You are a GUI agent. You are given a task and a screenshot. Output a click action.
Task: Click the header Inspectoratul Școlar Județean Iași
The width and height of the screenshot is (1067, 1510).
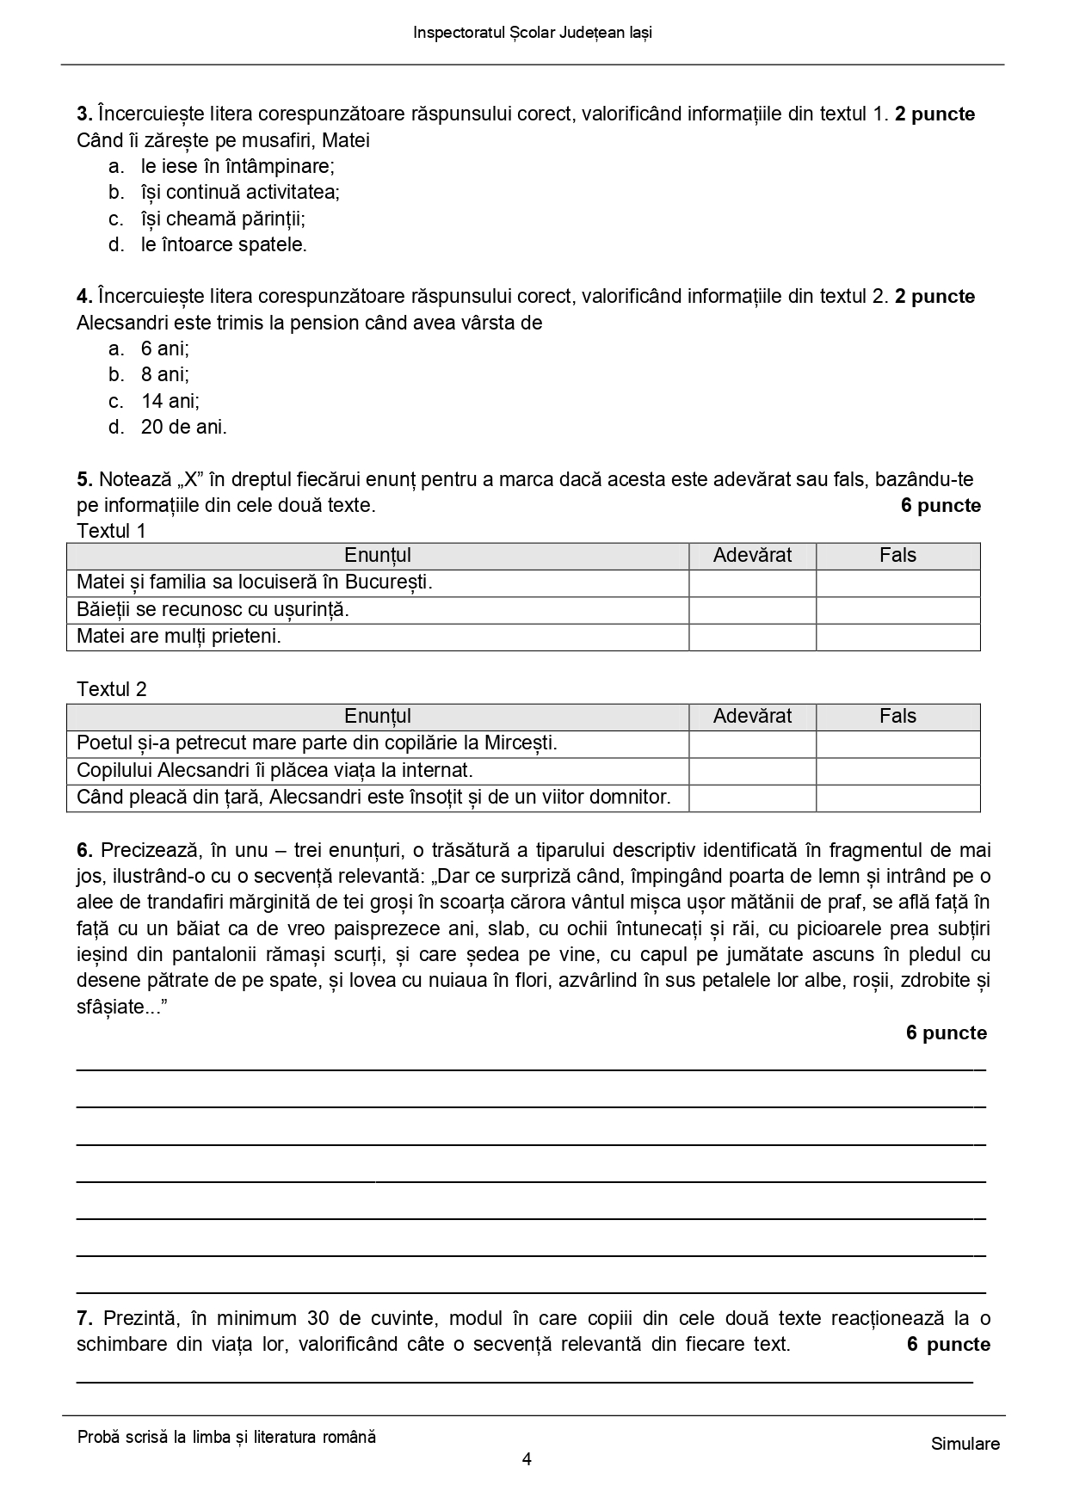(x=533, y=33)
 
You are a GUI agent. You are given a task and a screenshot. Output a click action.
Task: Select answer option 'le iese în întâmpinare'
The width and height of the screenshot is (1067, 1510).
(x=237, y=166)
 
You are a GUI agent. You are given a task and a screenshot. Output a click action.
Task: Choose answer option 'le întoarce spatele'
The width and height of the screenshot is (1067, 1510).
(x=224, y=244)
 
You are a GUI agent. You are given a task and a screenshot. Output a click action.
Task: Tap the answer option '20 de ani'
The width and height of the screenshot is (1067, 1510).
(x=183, y=427)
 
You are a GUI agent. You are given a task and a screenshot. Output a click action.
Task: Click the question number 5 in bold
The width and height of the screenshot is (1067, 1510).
(x=83, y=479)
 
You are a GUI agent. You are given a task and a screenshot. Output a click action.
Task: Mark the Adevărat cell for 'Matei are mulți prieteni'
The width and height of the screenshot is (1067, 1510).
(x=752, y=637)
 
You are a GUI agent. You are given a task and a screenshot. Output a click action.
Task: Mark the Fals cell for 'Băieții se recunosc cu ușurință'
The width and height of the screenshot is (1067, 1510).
(x=897, y=610)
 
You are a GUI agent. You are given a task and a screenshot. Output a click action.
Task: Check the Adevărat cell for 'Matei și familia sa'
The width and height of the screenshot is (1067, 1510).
(x=752, y=582)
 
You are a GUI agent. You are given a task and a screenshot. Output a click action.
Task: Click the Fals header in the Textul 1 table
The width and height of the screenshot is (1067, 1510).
(x=897, y=556)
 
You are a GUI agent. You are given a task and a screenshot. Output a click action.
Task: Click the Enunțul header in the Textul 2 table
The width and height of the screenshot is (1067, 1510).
(x=377, y=716)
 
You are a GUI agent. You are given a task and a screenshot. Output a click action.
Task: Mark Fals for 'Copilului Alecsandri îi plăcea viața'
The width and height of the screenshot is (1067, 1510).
(x=897, y=770)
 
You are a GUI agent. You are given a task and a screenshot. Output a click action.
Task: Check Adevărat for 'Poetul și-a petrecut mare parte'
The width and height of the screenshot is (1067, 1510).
(x=752, y=743)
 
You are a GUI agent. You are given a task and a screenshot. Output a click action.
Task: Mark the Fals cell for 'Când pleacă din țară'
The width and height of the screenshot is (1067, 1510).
(x=897, y=798)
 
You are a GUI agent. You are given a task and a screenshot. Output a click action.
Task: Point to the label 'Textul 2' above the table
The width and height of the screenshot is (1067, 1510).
(x=112, y=689)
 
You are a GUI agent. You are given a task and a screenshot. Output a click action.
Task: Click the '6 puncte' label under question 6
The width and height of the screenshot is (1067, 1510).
(x=946, y=1032)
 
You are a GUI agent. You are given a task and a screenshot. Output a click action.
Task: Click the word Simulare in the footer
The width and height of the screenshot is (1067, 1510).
(x=965, y=1444)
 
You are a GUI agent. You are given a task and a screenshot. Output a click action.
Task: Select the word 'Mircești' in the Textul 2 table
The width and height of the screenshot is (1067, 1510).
(x=520, y=743)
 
